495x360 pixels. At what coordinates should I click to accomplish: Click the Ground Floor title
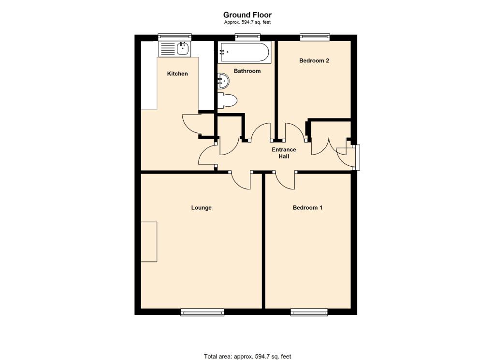pyautogui.click(x=247, y=15)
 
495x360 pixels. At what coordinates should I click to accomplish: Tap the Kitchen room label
pyautogui.click(x=177, y=73)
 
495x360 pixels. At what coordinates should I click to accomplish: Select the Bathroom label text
pyautogui.click(x=247, y=71)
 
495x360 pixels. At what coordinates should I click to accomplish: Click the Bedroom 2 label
pyautogui.click(x=314, y=60)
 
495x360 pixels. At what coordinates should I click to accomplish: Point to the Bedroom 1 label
pyautogui.click(x=307, y=208)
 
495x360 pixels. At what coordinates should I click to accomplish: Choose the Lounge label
pyautogui.click(x=202, y=208)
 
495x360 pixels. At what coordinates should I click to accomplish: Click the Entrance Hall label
pyautogui.click(x=284, y=153)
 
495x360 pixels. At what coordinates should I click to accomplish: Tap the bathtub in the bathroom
pyautogui.click(x=245, y=52)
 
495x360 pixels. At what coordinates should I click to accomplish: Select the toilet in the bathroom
pyautogui.click(x=227, y=101)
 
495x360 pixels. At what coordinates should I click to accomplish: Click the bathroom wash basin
pyautogui.click(x=223, y=81)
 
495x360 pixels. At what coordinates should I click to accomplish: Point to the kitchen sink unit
pyautogui.click(x=175, y=49)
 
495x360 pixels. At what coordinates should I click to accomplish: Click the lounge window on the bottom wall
pyautogui.click(x=203, y=312)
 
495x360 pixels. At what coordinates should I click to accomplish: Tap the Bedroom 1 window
pyautogui.click(x=309, y=312)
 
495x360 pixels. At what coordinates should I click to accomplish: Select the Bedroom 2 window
pyautogui.click(x=315, y=37)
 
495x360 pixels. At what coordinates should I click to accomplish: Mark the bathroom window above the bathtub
pyautogui.click(x=248, y=37)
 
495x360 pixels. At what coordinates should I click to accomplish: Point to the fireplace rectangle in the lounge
pyautogui.click(x=149, y=242)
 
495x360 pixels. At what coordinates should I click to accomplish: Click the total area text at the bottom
pyautogui.click(x=247, y=357)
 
